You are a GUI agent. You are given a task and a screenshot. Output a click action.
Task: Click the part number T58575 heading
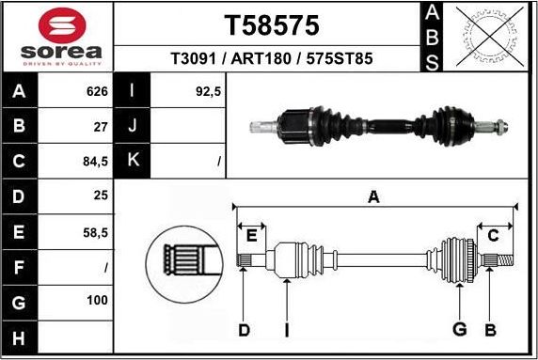click(x=271, y=24)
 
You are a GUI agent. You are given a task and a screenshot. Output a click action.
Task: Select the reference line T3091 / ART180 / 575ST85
click(x=271, y=58)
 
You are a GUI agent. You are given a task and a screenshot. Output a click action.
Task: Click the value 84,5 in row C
click(x=96, y=161)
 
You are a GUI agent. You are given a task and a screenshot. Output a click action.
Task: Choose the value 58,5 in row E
click(x=96, y=231)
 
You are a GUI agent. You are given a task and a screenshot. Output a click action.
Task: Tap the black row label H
click(x=20, y=336)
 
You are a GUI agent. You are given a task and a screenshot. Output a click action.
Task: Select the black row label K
click(x=133, y=161)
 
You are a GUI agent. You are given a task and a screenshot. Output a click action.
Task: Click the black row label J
click(x=133, y=126)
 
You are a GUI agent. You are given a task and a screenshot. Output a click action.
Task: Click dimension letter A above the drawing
click(x=373, y=197)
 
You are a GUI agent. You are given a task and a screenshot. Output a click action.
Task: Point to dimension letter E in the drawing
click(x=250, y=234)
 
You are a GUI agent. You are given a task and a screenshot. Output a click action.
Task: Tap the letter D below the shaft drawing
click(x=243, y=330)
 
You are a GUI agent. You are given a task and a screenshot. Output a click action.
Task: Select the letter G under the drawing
click(x=459, y=330)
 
